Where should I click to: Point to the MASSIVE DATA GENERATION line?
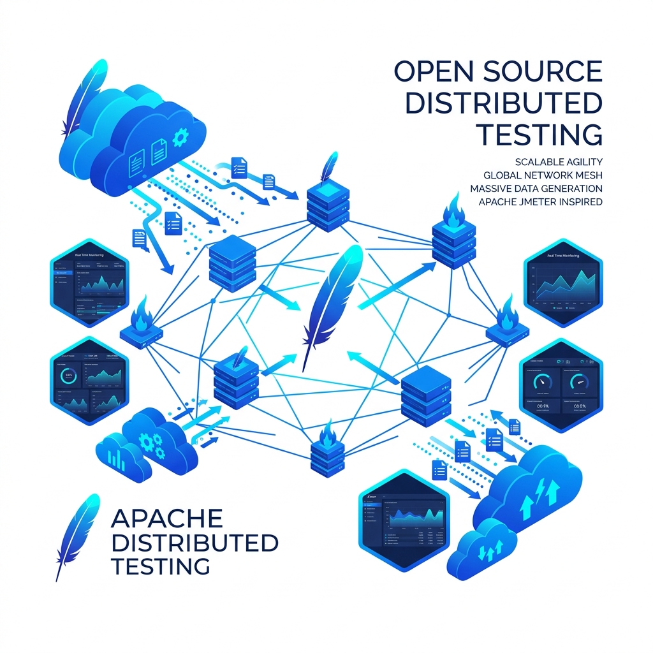pos(536,188)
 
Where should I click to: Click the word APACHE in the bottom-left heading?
pos(166,518)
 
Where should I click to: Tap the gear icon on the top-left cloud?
pos(180,136)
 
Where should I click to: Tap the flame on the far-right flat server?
pos(508,312)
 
